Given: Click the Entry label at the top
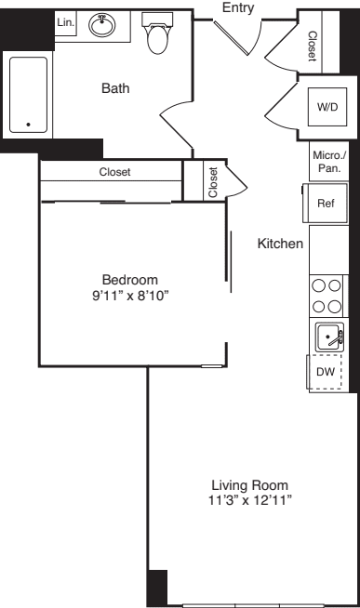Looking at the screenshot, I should pyautogui.click(x=237, y=8).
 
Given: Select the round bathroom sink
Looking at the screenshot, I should pyautogui.click(x=101, y=25).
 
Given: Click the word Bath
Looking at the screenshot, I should pyautogui.click(x=115, y=89).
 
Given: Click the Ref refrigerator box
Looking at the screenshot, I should pyautogui.click(x=325, y=204).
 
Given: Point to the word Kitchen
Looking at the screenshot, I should pyautogui.click(x=280, y=245).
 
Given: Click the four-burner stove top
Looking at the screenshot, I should pyautogui.click(x=326, y=297).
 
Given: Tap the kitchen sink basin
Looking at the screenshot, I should pyautogui.click(x=327, y=337).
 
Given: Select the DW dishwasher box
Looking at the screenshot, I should pyautogui.click(x=325, y=372).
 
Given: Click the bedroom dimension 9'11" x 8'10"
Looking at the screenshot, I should pyautogui.click(x=129, y=296).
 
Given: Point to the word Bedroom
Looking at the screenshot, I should pyautogui.click(x=129, y=280).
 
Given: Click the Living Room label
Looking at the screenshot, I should pyautogui.click(x=249, y=485).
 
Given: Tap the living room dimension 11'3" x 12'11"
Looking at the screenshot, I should pyautogui.click(x=249, y=501).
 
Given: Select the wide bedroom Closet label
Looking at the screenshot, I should pyautogui.click(x=114, y=172).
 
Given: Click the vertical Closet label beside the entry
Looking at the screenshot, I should pyautogui.click(x=312, y=44).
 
